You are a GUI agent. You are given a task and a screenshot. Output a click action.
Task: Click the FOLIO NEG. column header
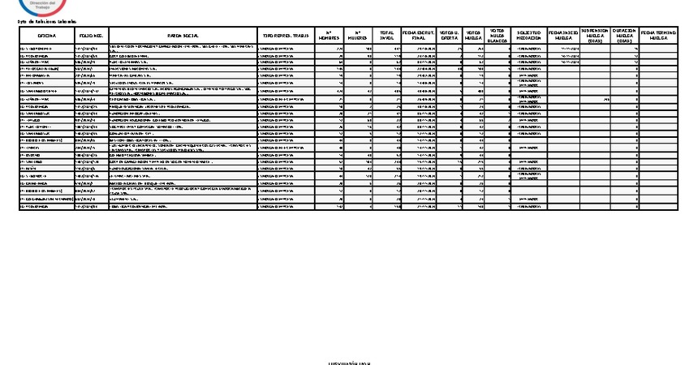click(91, 36)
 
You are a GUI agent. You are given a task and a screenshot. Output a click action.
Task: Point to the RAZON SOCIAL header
click(183, 36)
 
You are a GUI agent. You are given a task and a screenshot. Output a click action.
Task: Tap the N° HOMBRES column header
click(329, 36)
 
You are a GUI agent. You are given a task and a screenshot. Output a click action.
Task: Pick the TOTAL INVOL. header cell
click(387, 36)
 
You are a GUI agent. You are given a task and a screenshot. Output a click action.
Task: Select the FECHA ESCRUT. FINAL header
click(420, 36)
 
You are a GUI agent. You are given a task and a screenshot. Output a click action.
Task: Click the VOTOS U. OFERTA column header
click(449, 36)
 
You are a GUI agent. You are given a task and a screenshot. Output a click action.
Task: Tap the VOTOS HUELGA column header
click(473, 36)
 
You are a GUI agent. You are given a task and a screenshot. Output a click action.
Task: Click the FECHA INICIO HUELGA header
click(564, 36)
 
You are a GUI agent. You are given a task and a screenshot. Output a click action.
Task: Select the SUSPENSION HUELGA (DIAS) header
click(595, 36)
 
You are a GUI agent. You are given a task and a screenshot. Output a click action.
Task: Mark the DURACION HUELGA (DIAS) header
click(624, 36)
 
